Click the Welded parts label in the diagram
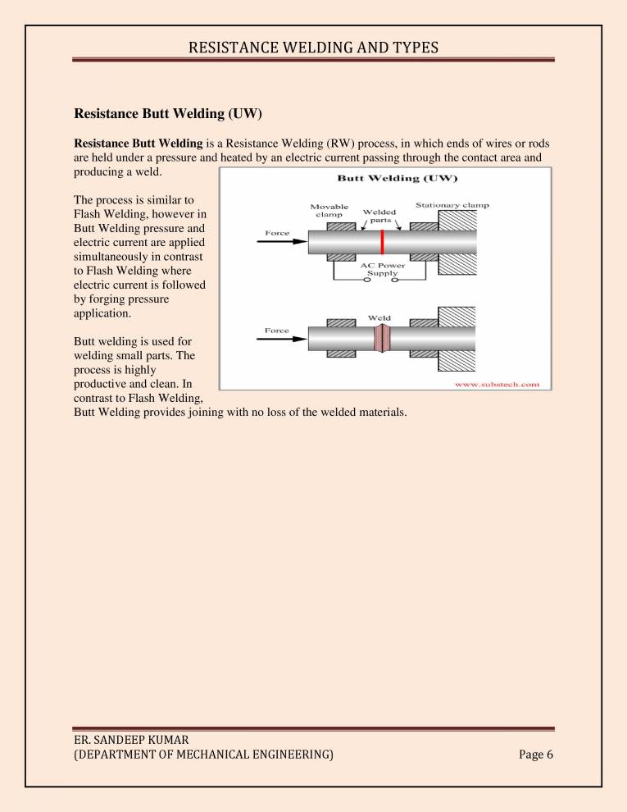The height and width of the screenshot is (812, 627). pos(379,216)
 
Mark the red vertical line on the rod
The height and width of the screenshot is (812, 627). pos(382,243)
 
